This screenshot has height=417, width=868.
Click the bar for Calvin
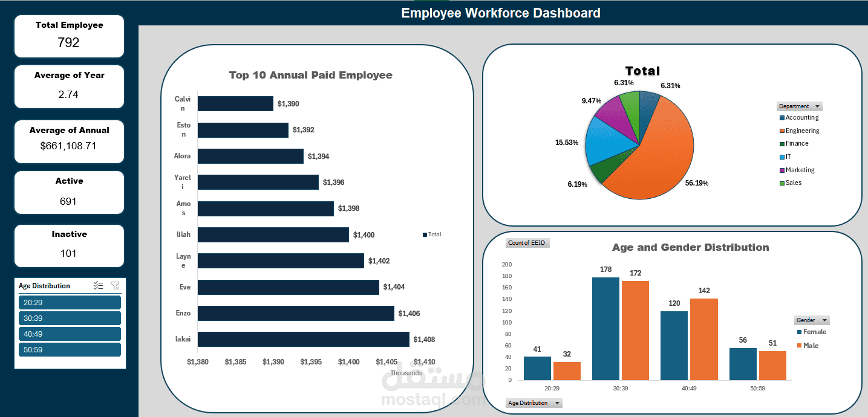(235, 104)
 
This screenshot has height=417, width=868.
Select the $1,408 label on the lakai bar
(424, 340)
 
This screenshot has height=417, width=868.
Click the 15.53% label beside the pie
(567, 143)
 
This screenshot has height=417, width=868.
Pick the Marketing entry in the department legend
(800, 170)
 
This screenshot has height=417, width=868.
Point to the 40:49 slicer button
(70, 334)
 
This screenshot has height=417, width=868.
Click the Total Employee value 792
(68, 42)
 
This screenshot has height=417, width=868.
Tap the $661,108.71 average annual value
(68, 146)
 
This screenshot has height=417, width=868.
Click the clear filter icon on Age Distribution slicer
(115, 286)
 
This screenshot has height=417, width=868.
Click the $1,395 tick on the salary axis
(311, 362)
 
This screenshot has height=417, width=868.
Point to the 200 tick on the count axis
(506, 265)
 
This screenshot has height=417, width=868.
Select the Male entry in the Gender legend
(811, 345)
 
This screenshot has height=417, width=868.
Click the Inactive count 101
(68, 253)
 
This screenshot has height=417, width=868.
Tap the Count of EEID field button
(527, 243)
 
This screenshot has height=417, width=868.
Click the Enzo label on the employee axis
(183, 313)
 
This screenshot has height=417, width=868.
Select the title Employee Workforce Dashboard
(500, 13)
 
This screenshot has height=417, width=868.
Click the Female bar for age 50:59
(743, 364)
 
